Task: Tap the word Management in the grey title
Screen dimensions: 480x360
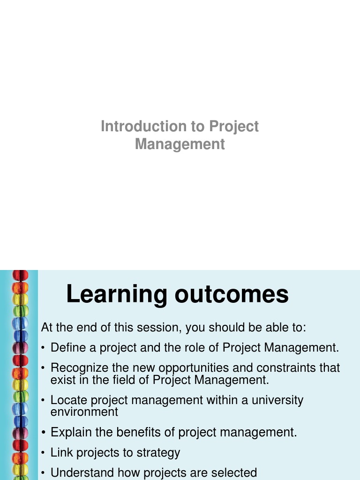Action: pos(180,144)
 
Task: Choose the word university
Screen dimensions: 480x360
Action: pos(277,400)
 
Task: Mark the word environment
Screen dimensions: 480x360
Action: pos(84,412)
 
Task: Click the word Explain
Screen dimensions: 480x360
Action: pos(67,432)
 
